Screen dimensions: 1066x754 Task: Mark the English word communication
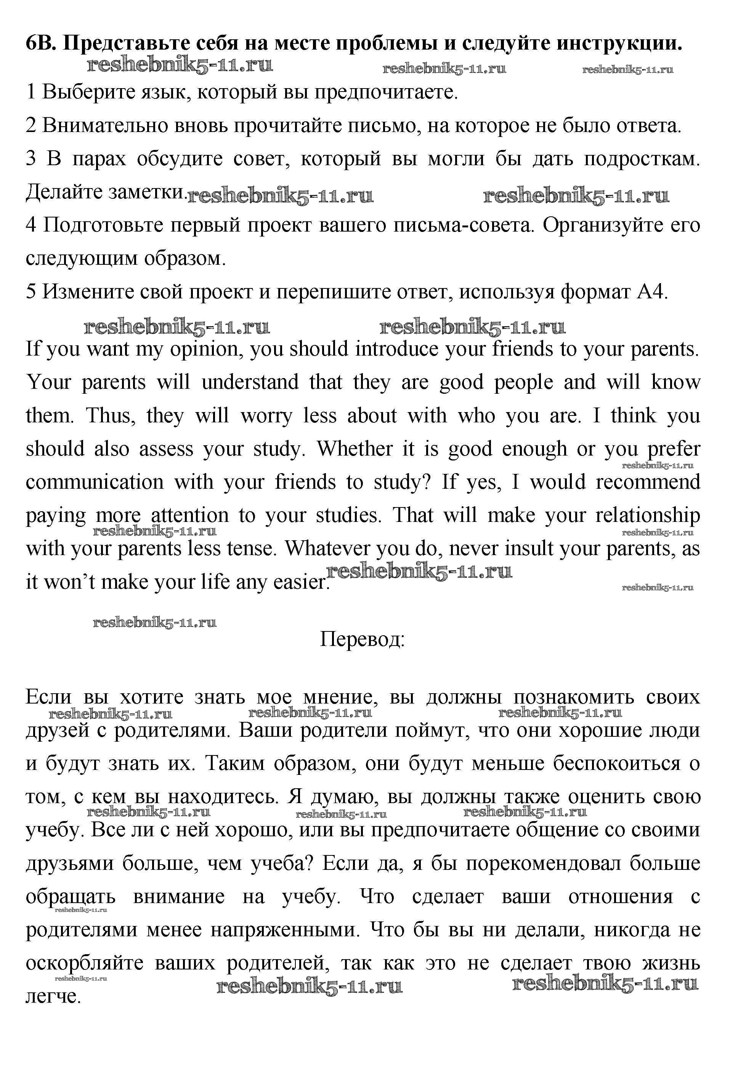[95, 482]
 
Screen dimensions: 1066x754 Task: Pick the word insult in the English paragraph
[530, 549]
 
